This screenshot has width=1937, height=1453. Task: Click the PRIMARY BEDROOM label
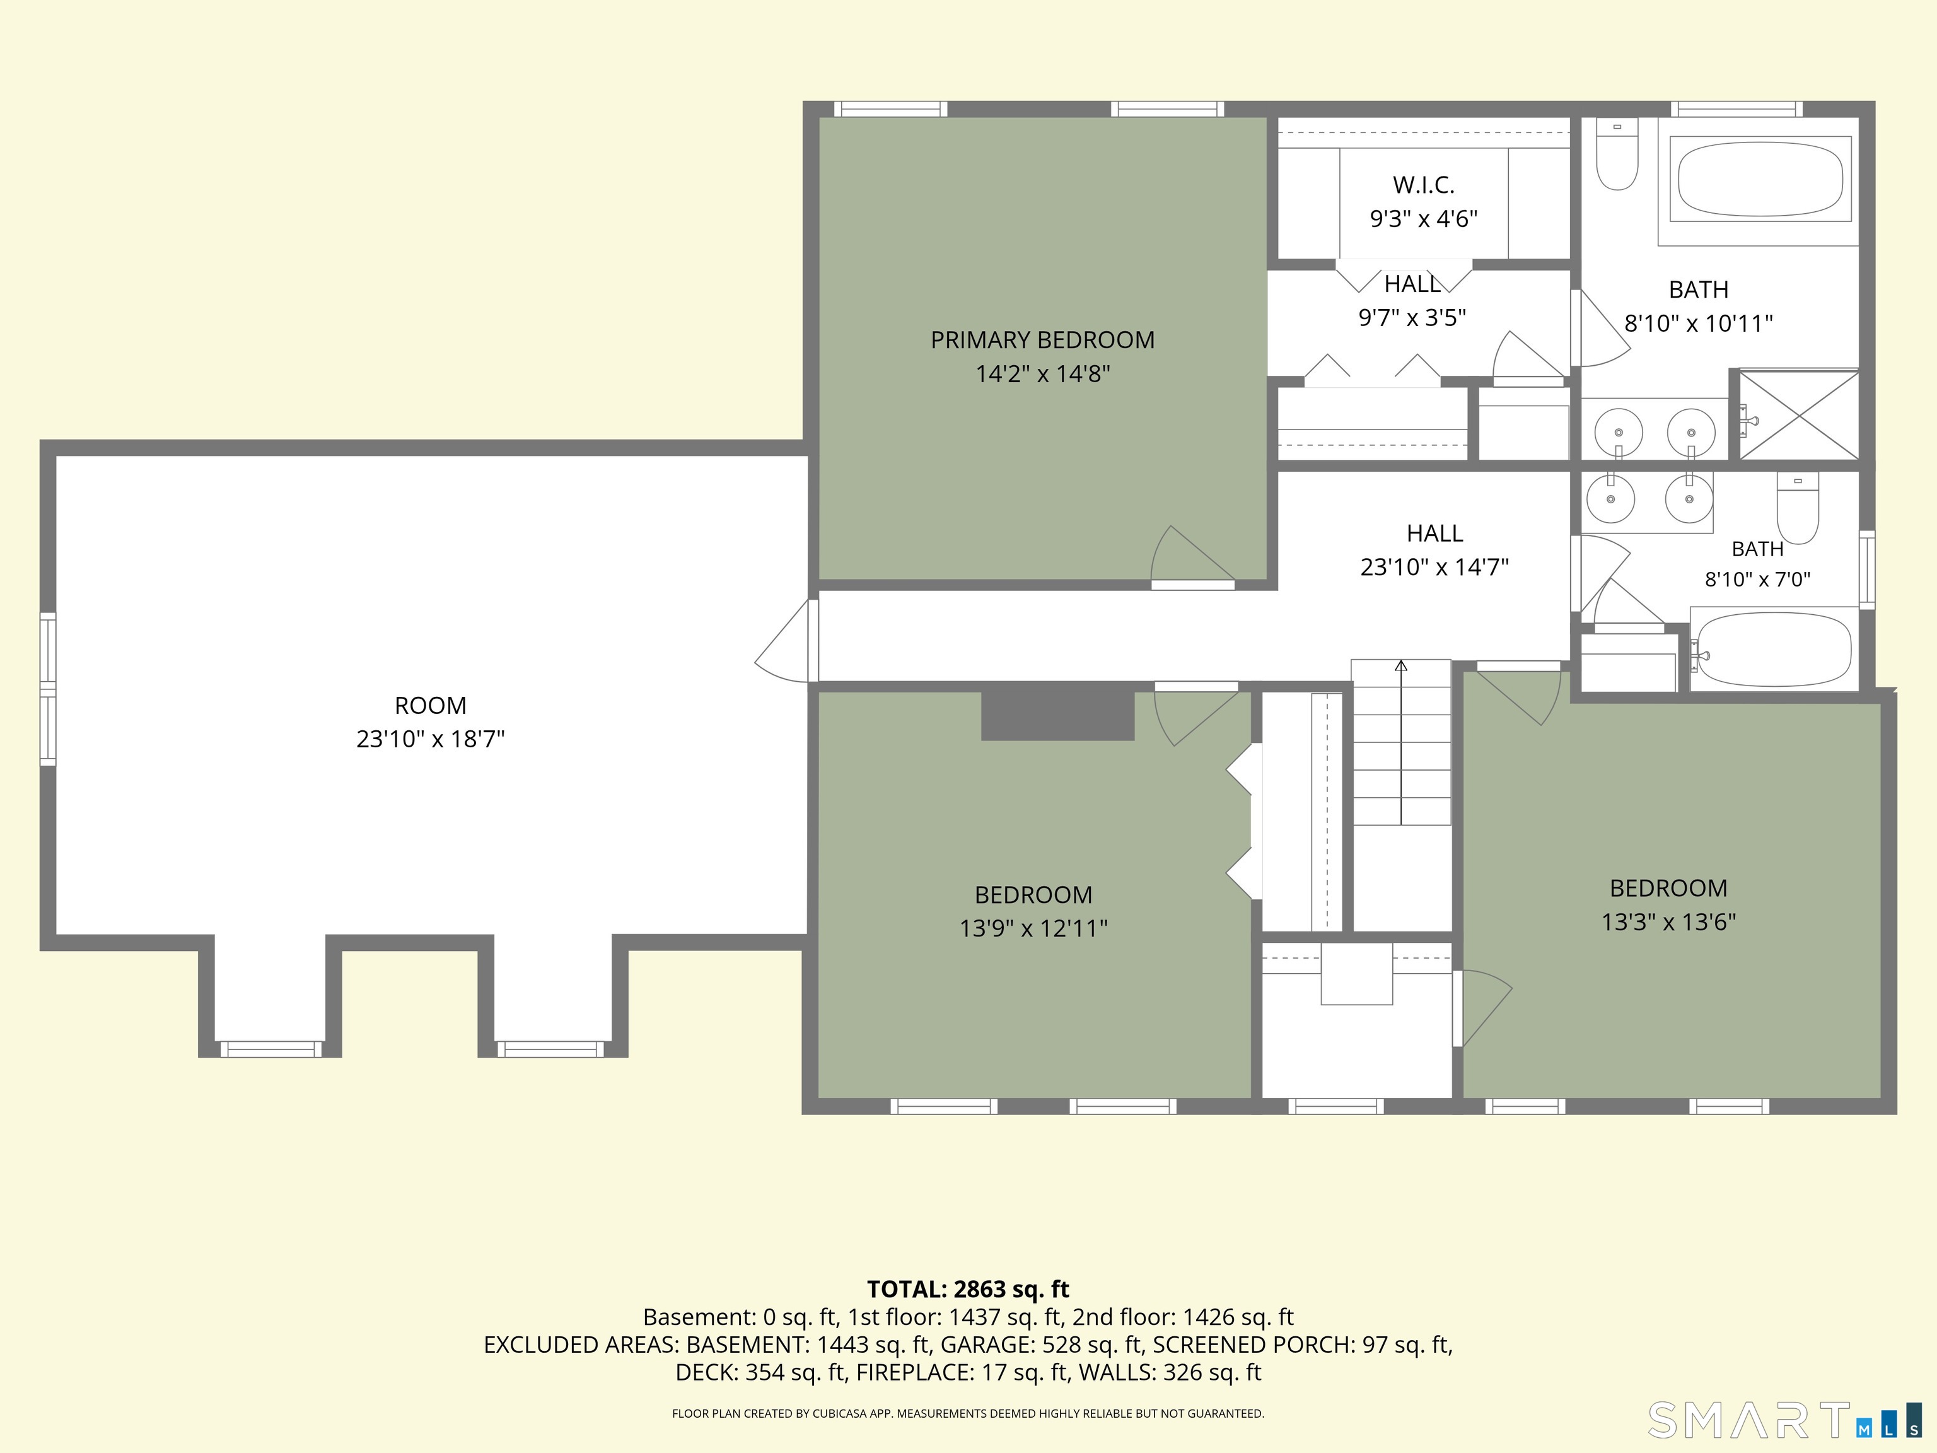coord(1042,340)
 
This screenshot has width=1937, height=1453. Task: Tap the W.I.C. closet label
coord(1424,185)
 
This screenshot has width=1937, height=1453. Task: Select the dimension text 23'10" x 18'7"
coord(431,739)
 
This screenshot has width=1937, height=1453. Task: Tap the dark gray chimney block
coord(1058,716)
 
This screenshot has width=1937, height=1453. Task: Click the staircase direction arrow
coord(1401,743)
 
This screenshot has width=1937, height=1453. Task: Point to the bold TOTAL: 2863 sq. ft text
coord(968,1289)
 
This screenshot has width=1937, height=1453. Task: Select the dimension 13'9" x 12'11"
coord(1033,928)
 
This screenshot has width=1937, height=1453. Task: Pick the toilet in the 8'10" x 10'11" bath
coord(1617,154)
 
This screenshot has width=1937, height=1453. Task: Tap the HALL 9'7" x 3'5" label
coord(1412,300)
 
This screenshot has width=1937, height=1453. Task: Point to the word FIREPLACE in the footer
coord(914,1372)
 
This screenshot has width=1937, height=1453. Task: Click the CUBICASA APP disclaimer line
coord(968,1414)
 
